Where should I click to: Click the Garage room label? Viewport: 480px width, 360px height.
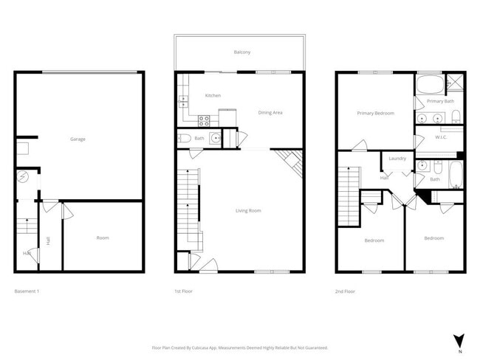(x=78, y=139)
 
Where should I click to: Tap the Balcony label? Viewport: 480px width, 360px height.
(x=241, y=52)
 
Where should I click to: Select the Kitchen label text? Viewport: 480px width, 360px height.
(x=213, y=96)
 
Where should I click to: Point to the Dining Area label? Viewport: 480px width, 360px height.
(x=270, y=113)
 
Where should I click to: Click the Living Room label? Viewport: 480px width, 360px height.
(x=248, y=211)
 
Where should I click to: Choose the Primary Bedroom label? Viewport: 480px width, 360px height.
(x=375, y=114)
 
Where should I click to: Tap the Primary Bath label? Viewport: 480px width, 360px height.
(x=439, y=101)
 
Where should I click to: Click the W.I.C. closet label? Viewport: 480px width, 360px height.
(x=442, y=137)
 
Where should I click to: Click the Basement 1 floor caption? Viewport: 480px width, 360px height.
(x=27, y=291)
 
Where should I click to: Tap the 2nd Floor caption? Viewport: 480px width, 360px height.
(x=345, y=291)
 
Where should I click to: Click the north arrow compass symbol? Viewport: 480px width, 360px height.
(x=459, y=340)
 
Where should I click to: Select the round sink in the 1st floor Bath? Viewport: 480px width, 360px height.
(x=215, y=138)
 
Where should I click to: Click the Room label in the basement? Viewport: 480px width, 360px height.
(x=103, y=238)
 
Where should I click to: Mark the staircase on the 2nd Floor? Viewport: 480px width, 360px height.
(x=348, y=195)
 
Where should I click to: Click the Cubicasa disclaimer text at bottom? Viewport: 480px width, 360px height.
(x=240, y=347)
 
